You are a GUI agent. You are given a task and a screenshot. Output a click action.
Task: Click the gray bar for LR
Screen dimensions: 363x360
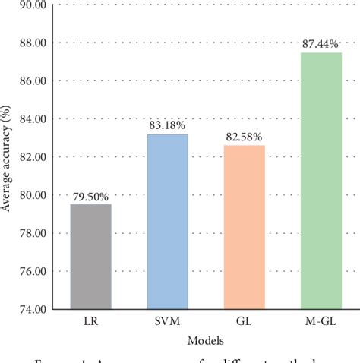pyautogui.click(x=90, y=257)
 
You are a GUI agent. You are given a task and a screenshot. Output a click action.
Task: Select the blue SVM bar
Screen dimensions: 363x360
pyautogui.click(x=167, y=222)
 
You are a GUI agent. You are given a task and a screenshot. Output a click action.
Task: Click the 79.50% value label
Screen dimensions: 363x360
pyautogui.click(x=90, y=197)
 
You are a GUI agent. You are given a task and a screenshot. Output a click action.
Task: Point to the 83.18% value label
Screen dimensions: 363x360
pyautogui.click(x=167, y=126)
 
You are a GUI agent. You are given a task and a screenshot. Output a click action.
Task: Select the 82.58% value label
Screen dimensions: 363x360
pyautogui.click(x=244, y=137)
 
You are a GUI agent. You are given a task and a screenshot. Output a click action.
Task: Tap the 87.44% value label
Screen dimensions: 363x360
pyautogui.click(x=321, y=45)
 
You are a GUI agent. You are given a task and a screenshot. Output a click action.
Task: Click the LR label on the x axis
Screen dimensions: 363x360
pyautogui.click(x=90, y=320)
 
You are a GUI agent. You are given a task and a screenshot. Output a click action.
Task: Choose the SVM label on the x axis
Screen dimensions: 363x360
pyautogui.click(x=167, y=320)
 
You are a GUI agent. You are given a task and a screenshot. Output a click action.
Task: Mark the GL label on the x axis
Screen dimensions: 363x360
pyautogui.click(x=244, y=320)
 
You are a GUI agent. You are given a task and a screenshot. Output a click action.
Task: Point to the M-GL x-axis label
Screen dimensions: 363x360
pyautogui.click(x=321, y=320)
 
